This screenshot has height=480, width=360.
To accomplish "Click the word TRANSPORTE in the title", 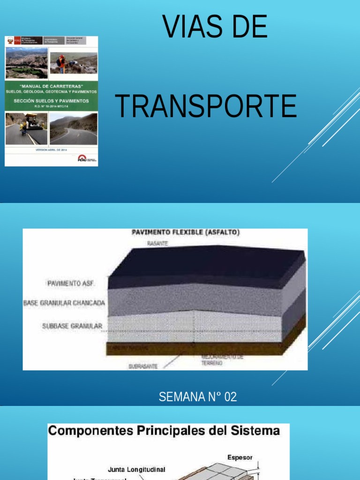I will tap(206, 106).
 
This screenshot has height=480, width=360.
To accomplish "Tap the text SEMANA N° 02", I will tap(197, 397).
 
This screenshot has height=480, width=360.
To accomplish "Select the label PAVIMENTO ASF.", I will tap(71, 283).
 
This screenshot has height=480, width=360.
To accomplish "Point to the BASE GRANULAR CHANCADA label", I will tap(64, 303).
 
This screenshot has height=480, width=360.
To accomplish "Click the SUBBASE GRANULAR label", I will tap(72, 326).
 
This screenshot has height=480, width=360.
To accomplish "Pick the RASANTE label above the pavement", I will tap(157, 244).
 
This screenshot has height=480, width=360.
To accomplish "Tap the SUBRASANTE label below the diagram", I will tap(143, 366).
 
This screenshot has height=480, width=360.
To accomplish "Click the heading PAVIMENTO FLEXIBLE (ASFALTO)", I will tap(186, 232).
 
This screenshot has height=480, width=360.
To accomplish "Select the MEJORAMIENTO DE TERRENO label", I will tap(223, 360).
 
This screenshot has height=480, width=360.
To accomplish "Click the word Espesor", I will tap(240, 457).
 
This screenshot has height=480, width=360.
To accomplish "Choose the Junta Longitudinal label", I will tap(136, 469).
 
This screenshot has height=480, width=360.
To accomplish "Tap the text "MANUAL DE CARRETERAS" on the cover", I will tap(51, 86).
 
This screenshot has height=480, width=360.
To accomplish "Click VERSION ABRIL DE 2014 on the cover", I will tap(52, 150).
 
